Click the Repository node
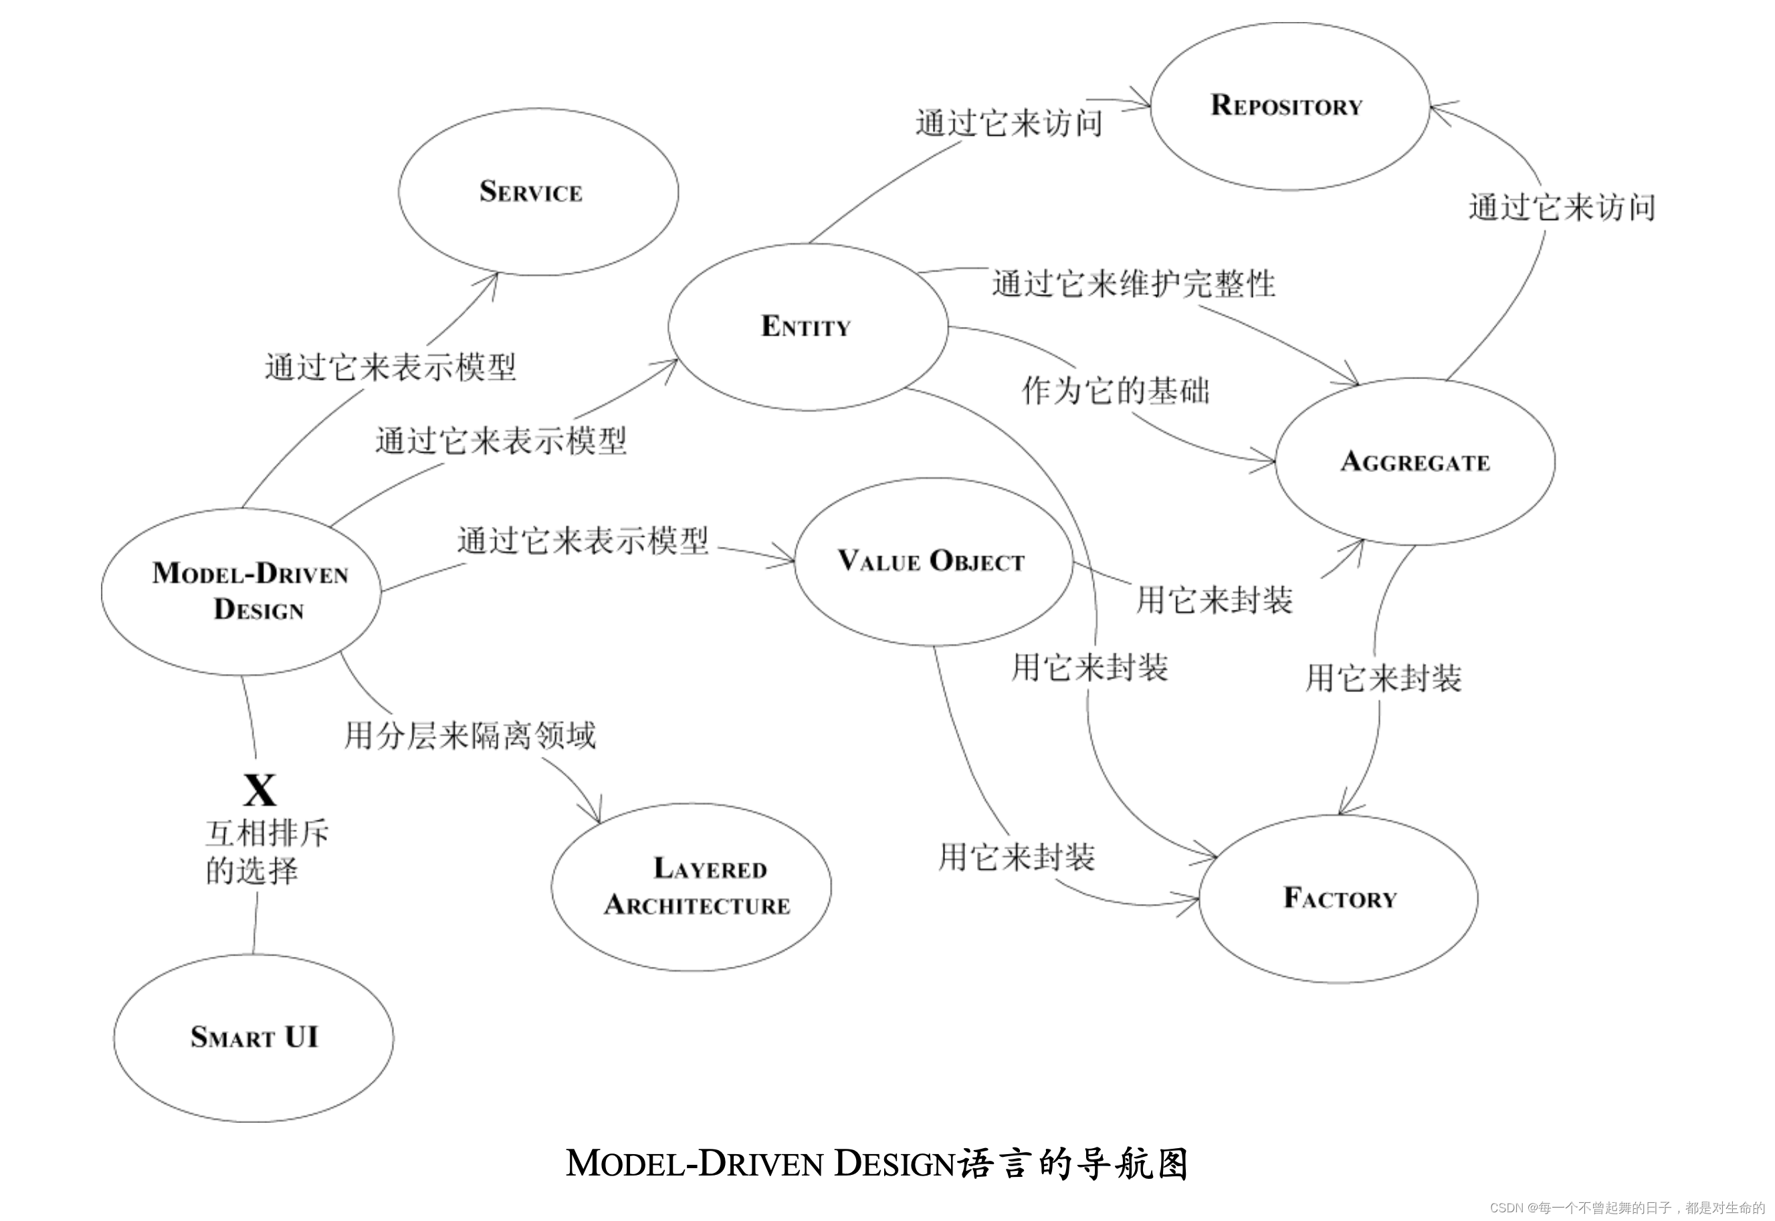(x=1289, y=106)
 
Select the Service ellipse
(x=538, y=191)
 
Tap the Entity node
(x=807, y=327)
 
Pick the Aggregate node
(x=1415, y=461)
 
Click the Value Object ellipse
(x=932, y=561)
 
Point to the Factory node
(x=1339, y=898)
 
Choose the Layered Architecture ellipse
(x=691, y=887)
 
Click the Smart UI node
(x=254, y=1037)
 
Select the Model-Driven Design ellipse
(x=241, y=591)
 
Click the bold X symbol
(x=259, y=790)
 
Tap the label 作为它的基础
(x=1116, y=390)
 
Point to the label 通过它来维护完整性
(x=1133, y=284)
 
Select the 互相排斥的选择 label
(x=266, y=851)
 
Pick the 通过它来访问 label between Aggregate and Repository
(x=1561, y=207)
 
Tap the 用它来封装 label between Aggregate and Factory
(x=1383, y=678)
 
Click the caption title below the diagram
(x=876, y=1163)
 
